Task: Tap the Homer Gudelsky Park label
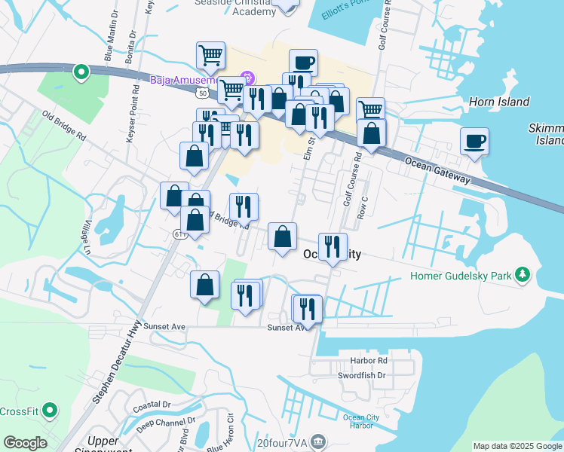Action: (x=460, y=276)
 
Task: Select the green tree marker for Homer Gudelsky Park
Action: (x=522, y=275)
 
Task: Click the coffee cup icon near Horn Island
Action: (x=474, y=142)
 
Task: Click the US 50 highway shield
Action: (x=200, y=93)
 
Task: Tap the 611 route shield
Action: (x=179, y=234)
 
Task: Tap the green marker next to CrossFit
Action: (x=50, y=411)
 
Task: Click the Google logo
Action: (x=25, y=443)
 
